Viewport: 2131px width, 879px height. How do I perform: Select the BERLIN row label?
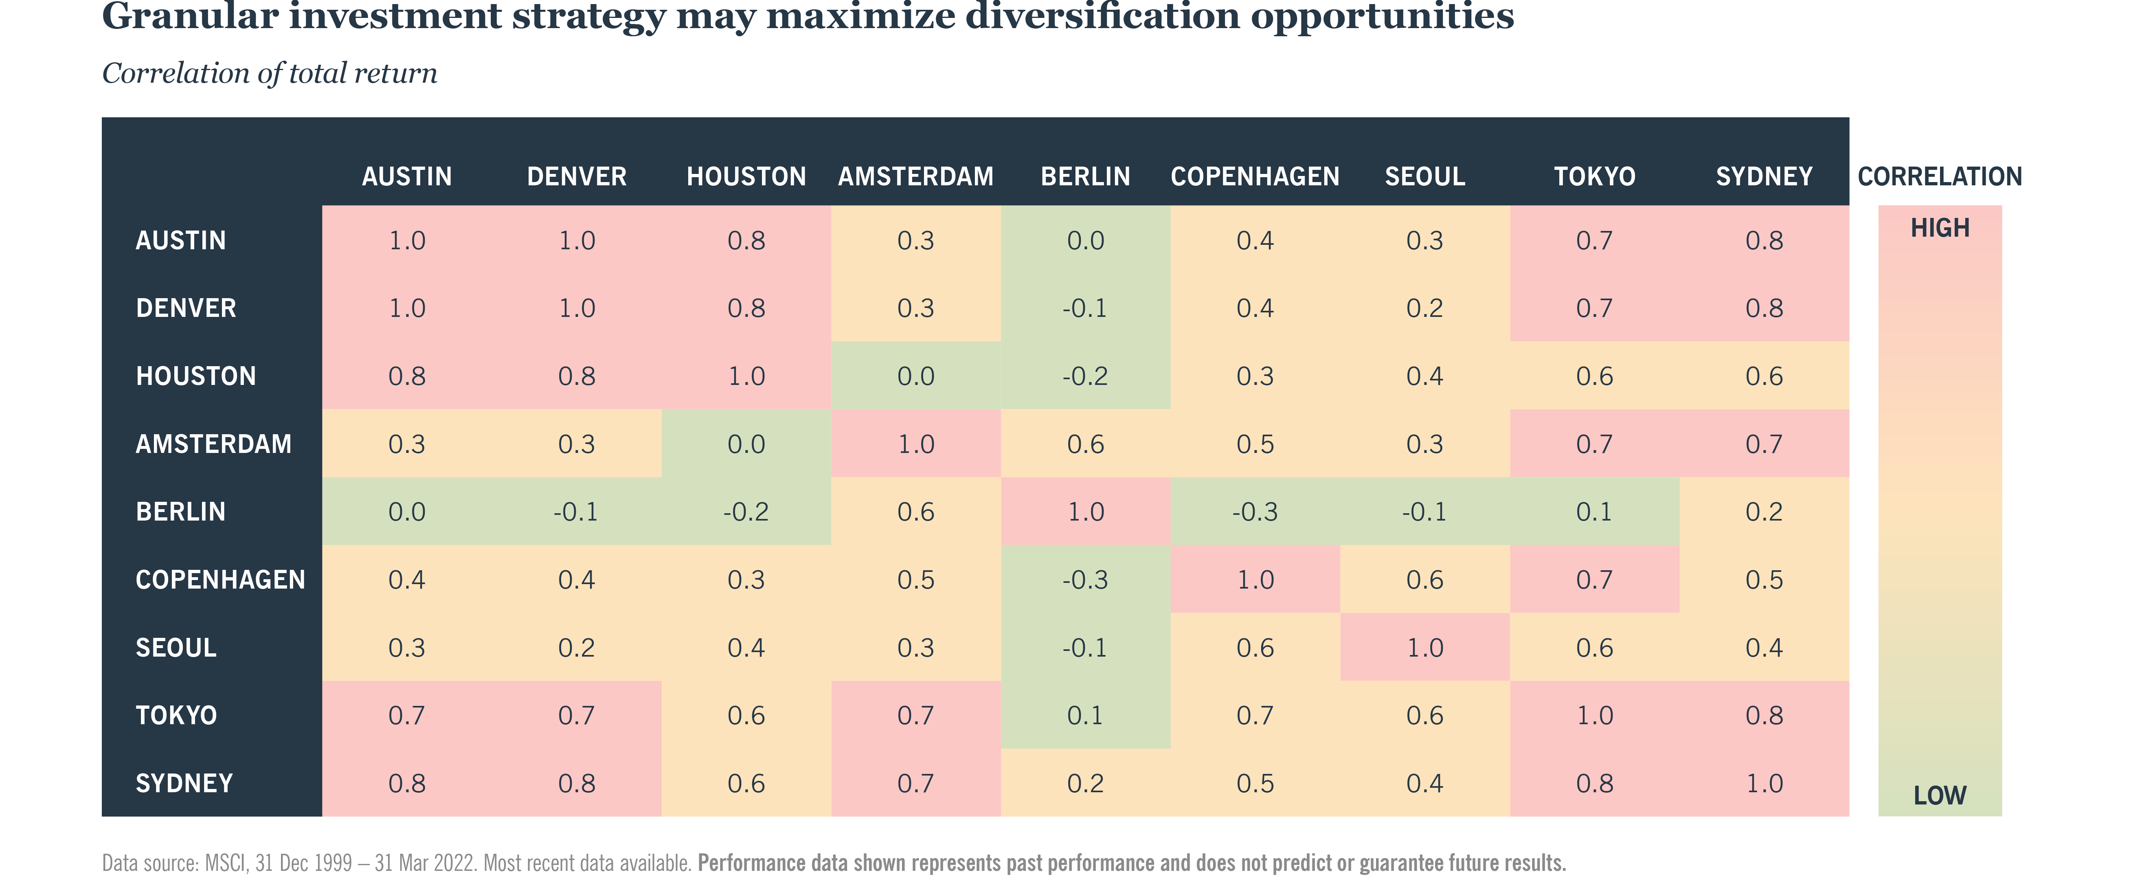pos(180,512)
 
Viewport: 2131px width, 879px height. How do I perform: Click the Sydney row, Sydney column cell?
pos(1764,783)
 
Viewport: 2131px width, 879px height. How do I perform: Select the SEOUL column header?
pos(1424,176)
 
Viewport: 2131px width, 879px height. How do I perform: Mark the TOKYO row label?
pos(176,715)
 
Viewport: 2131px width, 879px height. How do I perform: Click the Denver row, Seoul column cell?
pos(1424,308)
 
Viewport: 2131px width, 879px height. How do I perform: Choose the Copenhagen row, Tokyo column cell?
pos(1594,579)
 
